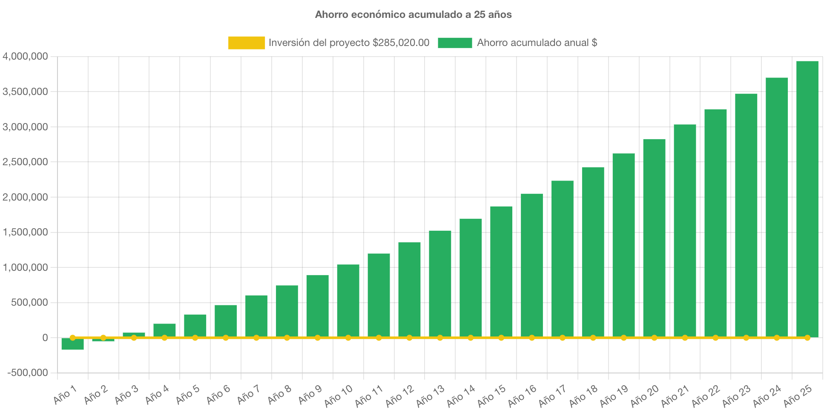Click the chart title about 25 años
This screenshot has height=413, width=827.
click(x=413, y=14)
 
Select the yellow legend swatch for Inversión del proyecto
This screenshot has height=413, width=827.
click(x=246, y=43)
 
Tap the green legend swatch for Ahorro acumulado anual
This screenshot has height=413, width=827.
click(x=455, y=43)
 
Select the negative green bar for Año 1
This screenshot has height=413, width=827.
click(x=72, y=344)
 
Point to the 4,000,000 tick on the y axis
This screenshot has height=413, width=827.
click(x=25, y=56)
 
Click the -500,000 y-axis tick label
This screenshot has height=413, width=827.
click(x=27, y=373)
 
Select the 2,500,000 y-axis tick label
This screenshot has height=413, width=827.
click(x=25, y=162)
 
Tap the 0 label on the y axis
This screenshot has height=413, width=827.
click(x=45, y=338)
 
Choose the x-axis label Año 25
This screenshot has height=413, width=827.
click(x=798, y=396)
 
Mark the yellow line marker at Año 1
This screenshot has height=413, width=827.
click(x=72, y=338)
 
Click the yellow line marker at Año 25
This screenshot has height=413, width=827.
click(x=807, y=338)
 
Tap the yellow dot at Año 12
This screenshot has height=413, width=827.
click(x=409, y=338)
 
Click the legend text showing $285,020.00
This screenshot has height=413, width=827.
click(x=400, y=43)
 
